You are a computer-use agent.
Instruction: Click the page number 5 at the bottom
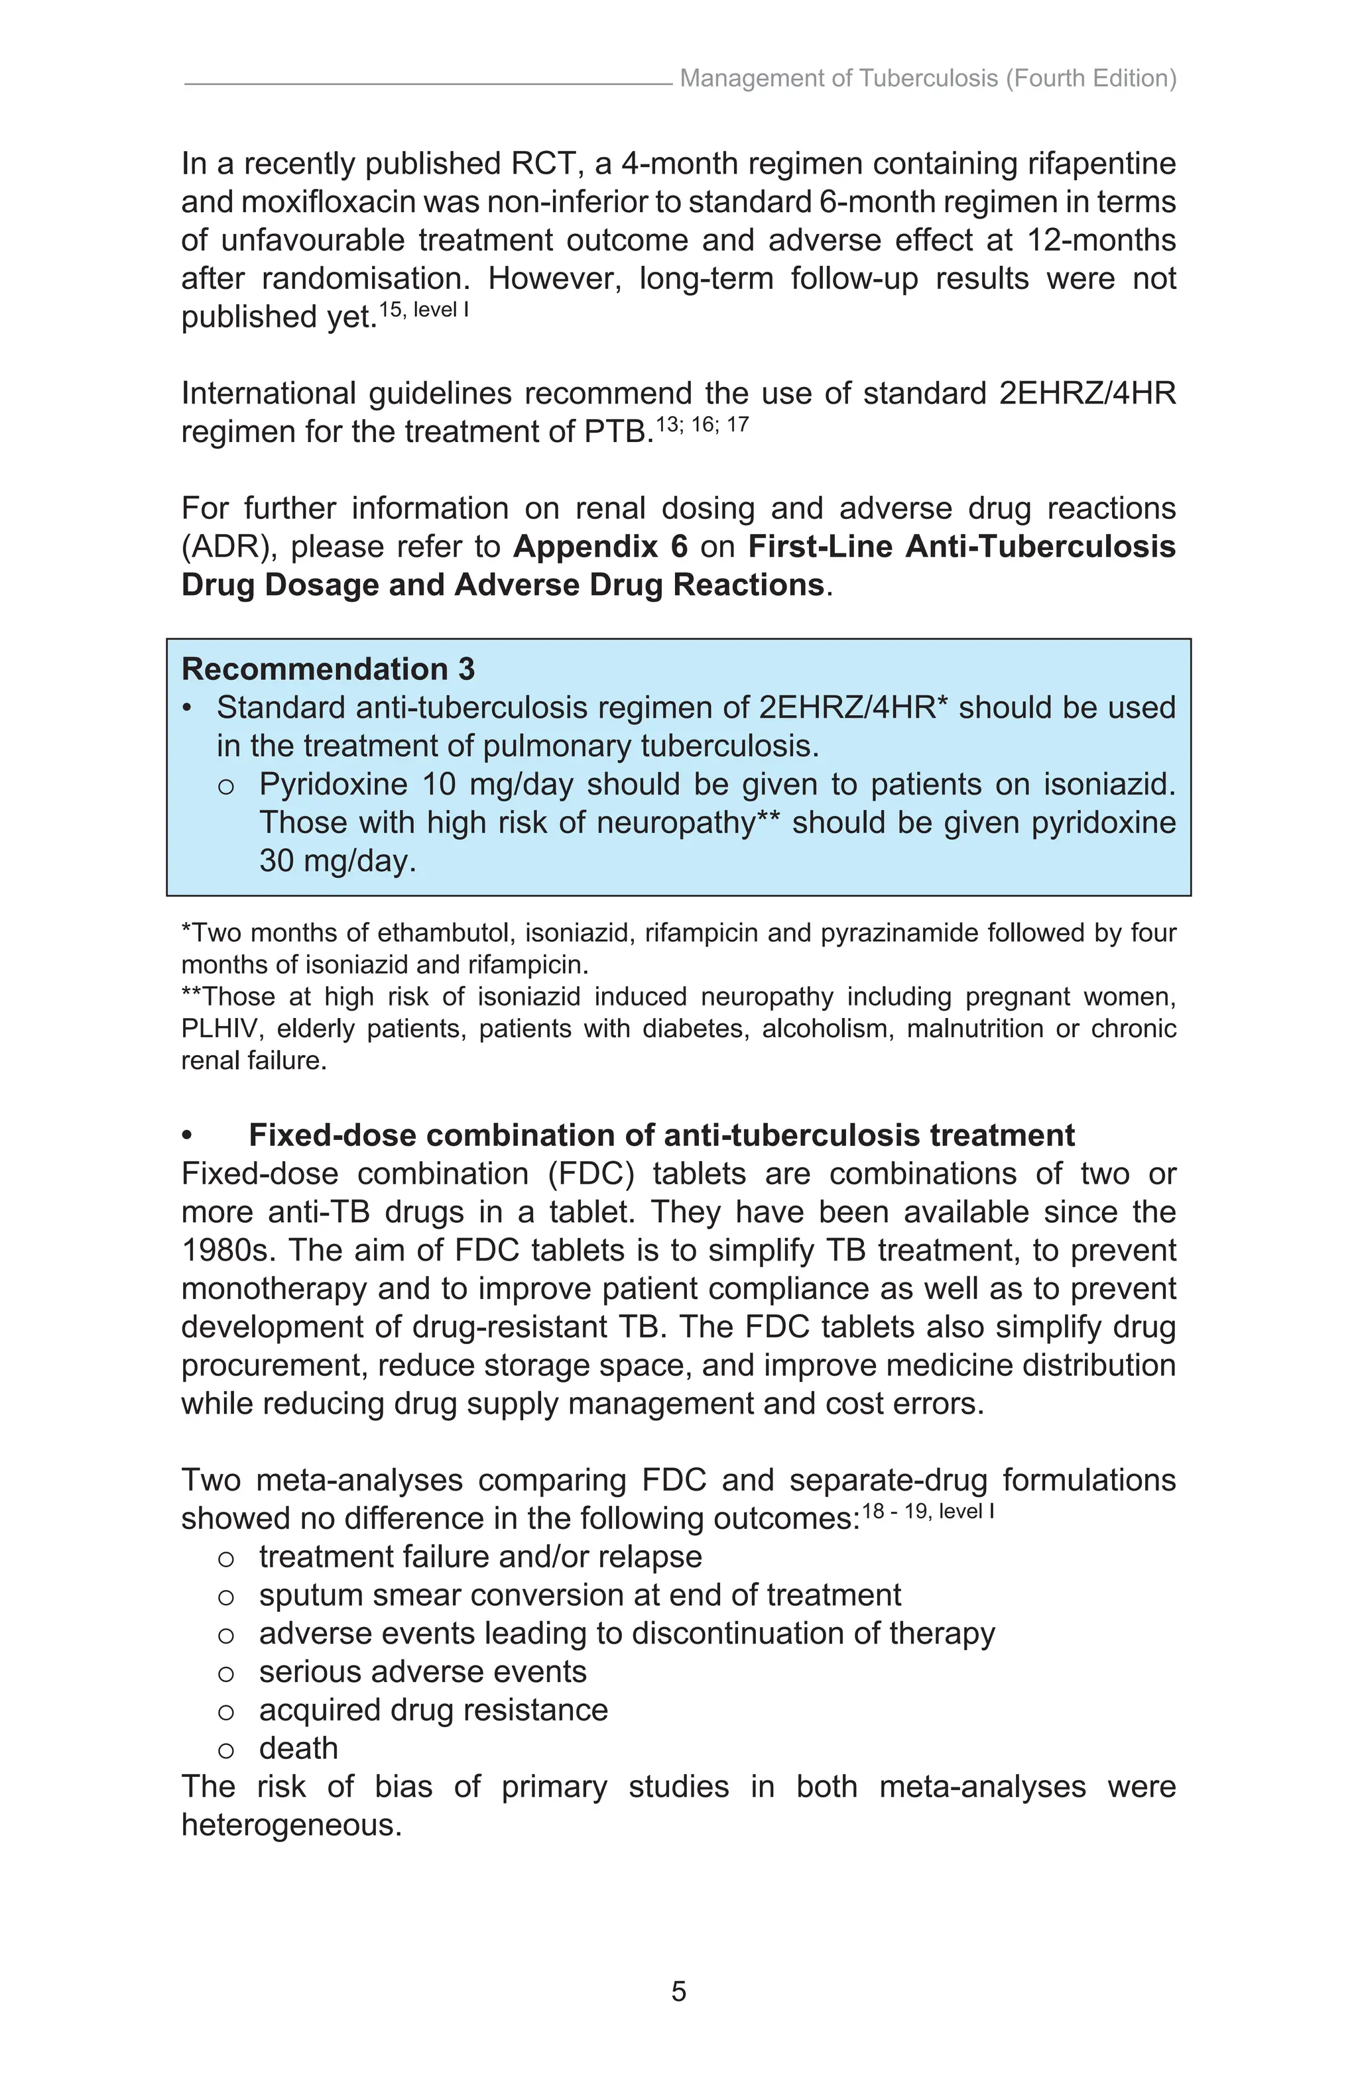click(x=678, y=1992)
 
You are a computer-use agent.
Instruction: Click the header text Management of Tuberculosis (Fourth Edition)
click(x=927, y=79)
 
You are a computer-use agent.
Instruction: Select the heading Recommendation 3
click(x=328, y=669)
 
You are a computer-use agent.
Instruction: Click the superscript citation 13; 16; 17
click(x=702, y=425)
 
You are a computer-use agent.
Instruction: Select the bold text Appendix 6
click(x=600, y=547)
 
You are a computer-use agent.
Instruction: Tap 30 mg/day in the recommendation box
click(x=337, y=860)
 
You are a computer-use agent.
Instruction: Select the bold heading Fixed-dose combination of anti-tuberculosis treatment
click(x=661, y=1135)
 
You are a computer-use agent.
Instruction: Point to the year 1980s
click(x=225, y=1250)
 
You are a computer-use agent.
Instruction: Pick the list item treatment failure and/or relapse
click(x=480, y=1557)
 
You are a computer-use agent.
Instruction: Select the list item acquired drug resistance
click(x=432, y=1710)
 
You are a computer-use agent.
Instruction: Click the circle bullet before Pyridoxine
click(x=226, y=785)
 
